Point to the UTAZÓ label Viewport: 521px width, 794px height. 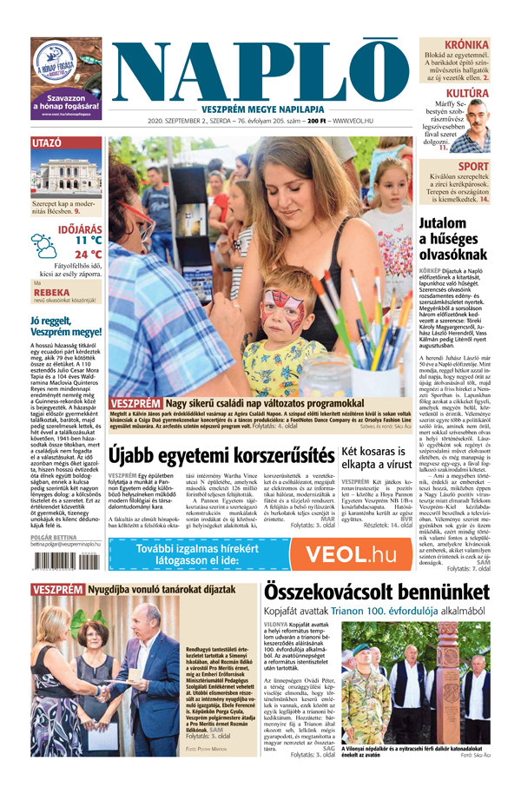[x=46, y=142]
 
